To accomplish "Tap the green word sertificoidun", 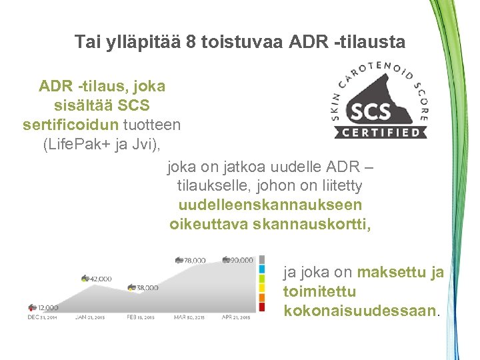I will (71, 124).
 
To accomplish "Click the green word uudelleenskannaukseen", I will (270, 205).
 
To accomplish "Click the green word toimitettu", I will (319, 292).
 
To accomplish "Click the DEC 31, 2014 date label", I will (43, 317).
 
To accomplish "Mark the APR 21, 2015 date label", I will (236, 317).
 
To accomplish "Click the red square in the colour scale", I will (262, 307).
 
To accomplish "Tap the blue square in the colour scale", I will (262, 269).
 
